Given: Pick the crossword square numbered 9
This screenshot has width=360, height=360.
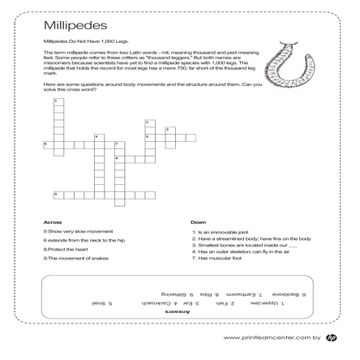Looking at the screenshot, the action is click(58, 195).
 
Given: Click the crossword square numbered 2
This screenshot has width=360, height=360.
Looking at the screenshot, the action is click(148, 125).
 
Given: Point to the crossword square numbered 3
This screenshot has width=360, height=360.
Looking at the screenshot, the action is click(169, 131).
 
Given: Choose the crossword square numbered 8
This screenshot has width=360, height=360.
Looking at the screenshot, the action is click(118, 159).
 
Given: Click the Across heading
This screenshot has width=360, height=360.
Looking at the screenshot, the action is click(53, 221).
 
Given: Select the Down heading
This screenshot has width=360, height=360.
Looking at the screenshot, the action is click(199, 221).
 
